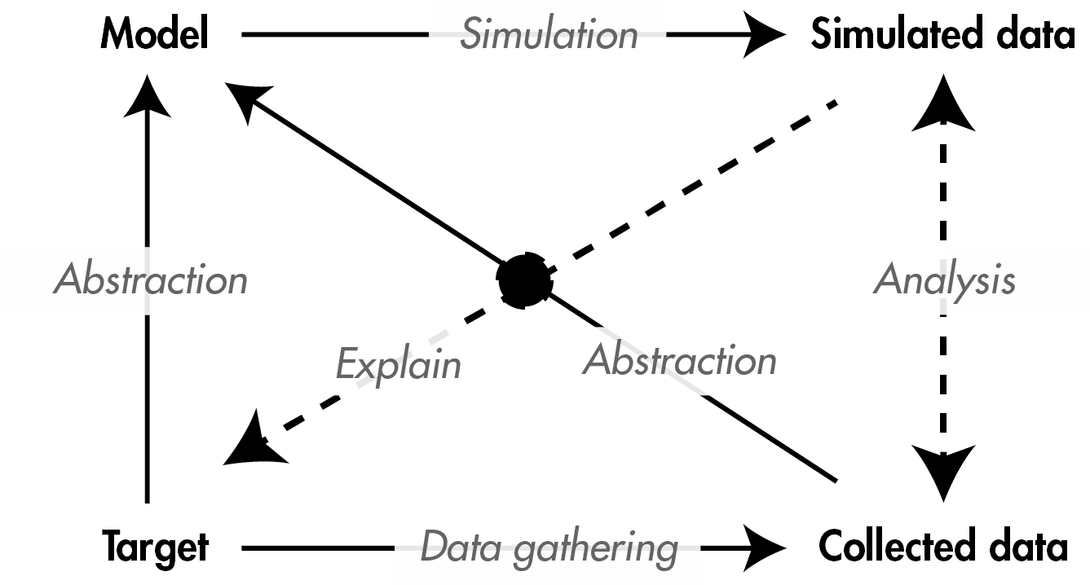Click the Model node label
click(x=155, y=34)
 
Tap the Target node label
click(x=155, y=547)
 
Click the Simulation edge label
click(x=549, y=34)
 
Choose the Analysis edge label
click(x=944, y=279)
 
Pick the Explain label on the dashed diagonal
click(x=399, y=364)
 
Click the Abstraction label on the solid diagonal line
click(x=679, y=360)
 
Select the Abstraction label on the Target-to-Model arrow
click(x=151, y=279)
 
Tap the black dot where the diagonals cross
click(x=525, y=280)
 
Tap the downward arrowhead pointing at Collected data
click(x=944, y=471)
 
